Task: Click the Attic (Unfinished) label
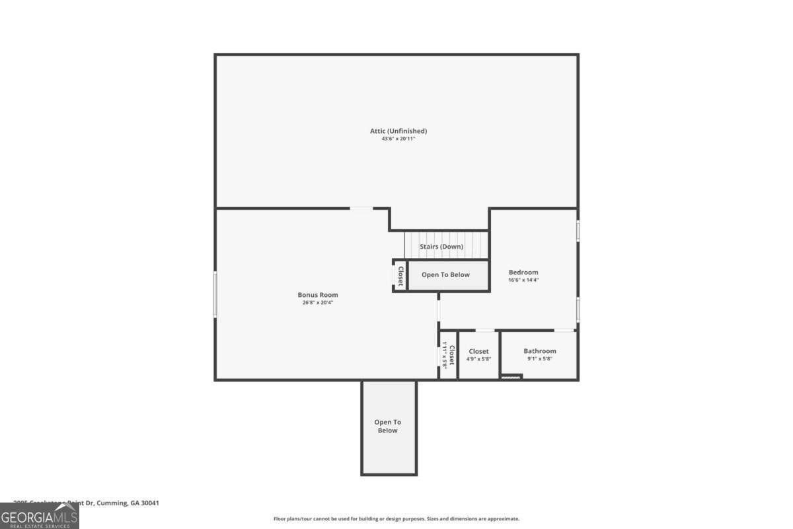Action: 398,131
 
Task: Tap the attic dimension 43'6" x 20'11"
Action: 398,139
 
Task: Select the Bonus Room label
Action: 318,295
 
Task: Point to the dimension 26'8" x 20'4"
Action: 318,303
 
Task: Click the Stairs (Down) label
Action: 441,247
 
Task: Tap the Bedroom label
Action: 523,272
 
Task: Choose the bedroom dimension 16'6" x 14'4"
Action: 523,280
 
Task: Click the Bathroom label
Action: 540,351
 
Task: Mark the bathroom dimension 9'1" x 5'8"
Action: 540,359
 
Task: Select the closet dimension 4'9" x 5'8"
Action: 478,359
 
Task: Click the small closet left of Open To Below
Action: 400,275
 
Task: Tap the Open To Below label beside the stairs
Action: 446,274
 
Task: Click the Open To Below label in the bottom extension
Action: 388,427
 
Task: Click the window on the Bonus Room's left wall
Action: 215,294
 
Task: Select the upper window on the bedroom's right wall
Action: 578,231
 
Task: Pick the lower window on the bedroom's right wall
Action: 578,309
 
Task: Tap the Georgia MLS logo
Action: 40,516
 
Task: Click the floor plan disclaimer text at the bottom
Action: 397,519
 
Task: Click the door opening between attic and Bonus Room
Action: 361,209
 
